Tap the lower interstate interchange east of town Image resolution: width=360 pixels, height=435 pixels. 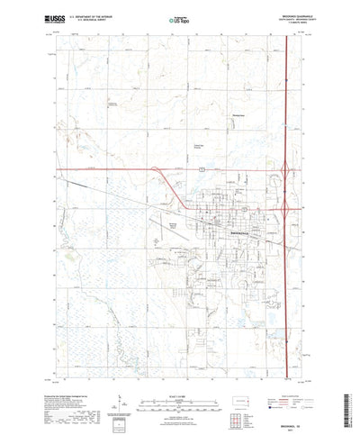(286, 206)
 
